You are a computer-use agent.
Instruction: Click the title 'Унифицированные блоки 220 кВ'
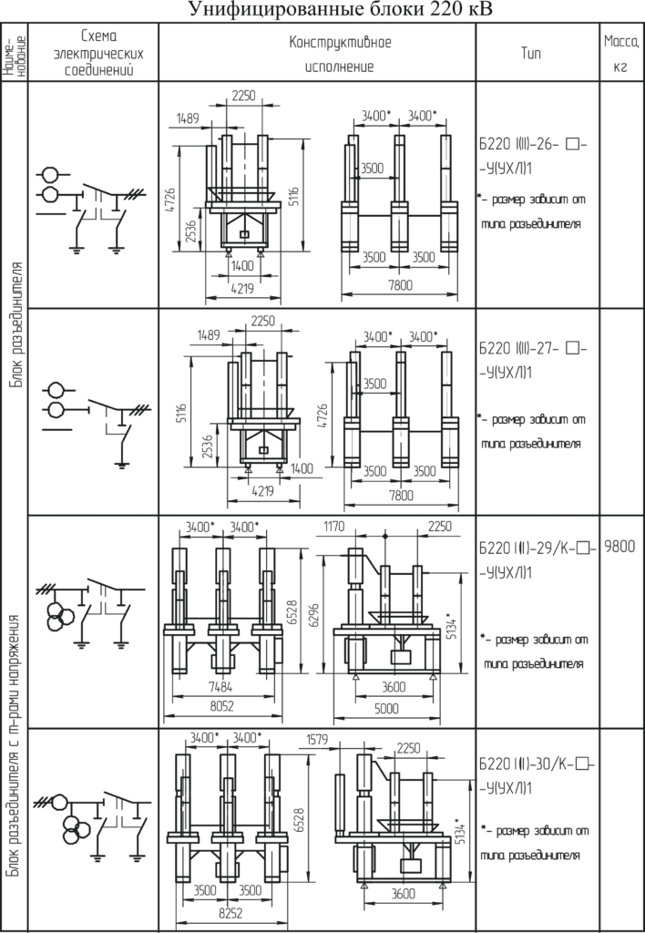pos(341,10)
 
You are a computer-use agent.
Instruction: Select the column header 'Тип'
pos(531,54)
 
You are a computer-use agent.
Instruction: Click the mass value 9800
pos(620,547)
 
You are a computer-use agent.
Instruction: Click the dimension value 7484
pos(220,687)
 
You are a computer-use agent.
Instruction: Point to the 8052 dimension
pos(220,706)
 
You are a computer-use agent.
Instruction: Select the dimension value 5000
pos(387,709)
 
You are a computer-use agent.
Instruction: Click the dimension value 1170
pos(333,527)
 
